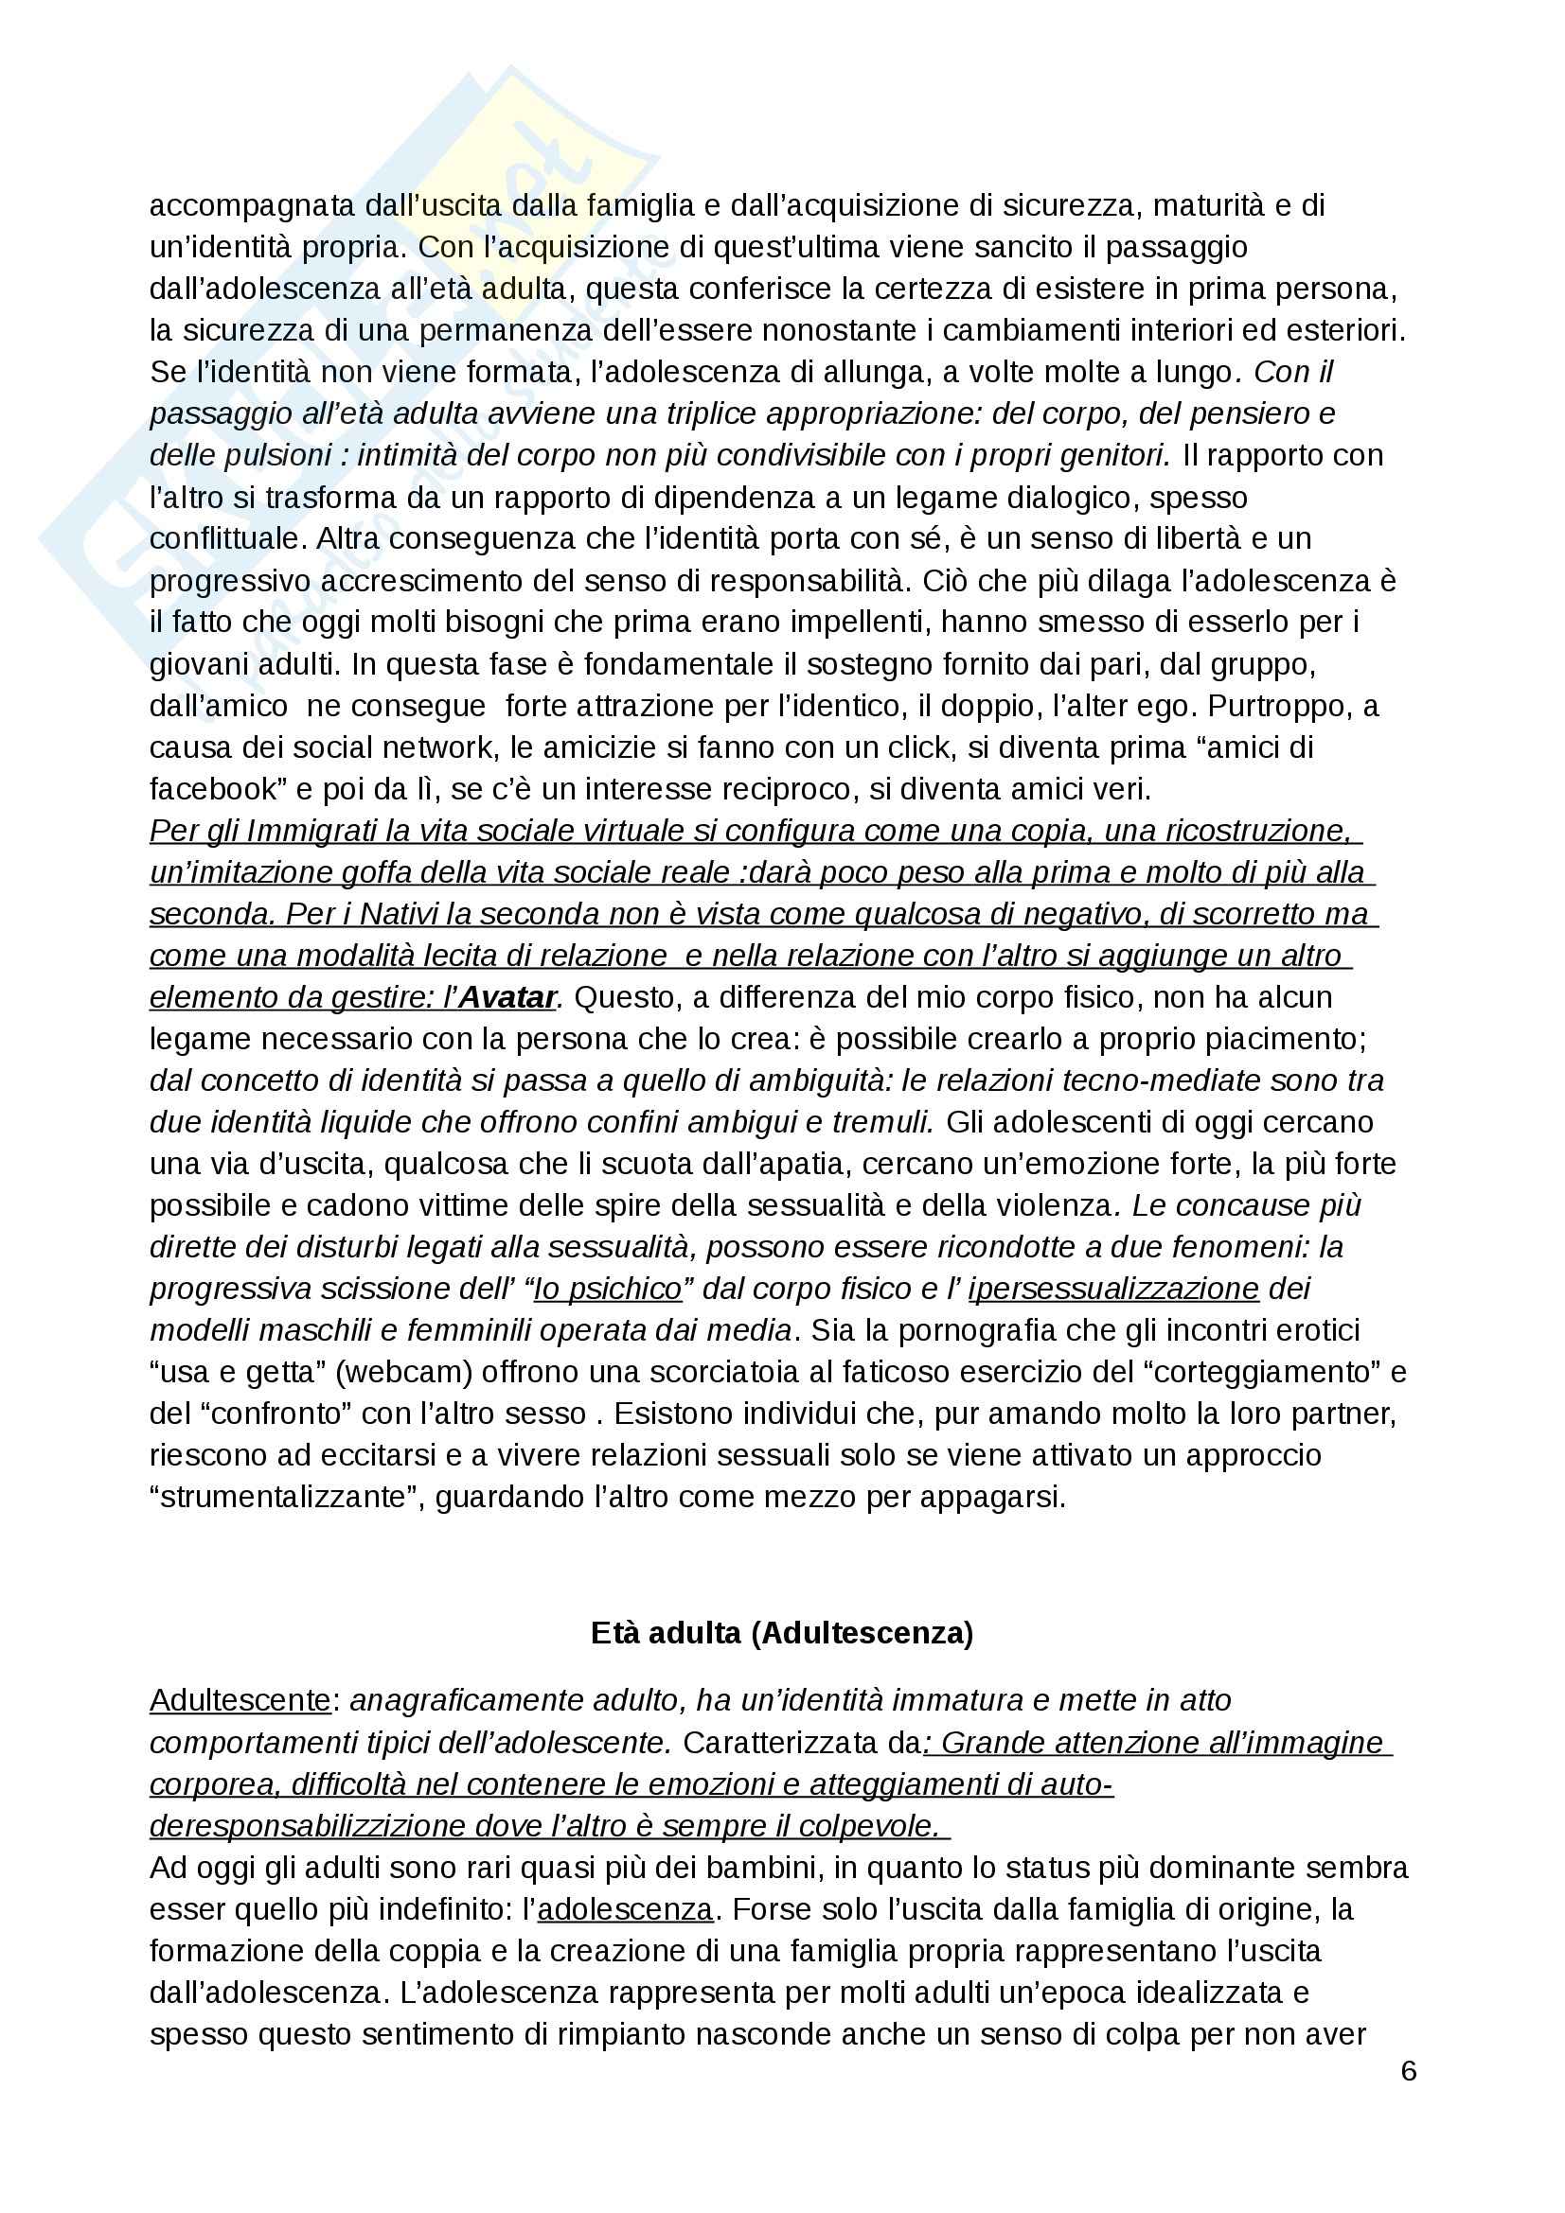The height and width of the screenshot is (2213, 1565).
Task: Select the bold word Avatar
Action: (x=507, y=996)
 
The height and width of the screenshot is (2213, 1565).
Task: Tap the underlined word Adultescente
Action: (x=240, y=1700)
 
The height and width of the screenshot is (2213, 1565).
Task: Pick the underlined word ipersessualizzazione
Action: (x=1113, y=1289)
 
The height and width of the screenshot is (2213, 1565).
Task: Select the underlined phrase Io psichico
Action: (x=608, y=1289)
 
